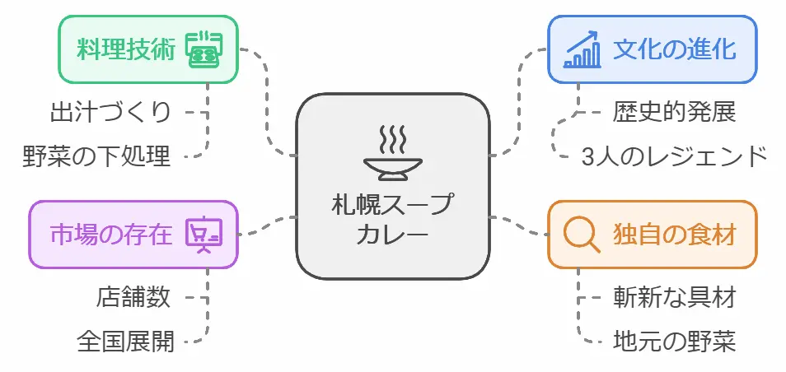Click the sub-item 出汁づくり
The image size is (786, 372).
(110, 110)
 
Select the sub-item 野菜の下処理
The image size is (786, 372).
(96, 155)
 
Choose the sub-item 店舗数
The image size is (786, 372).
(133, 296)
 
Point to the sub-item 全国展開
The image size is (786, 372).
(125, 340)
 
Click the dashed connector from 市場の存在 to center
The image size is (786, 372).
(268, 226)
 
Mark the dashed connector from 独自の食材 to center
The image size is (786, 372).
(519, 226)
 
